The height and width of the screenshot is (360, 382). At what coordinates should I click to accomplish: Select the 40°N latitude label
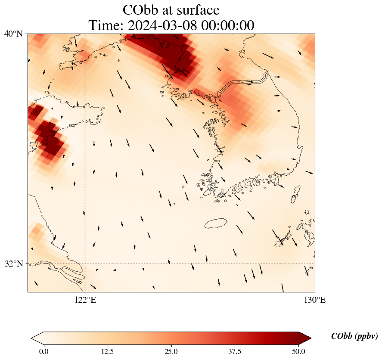[x=13, y=34]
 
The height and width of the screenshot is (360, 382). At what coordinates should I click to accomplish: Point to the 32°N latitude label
[x=13, y=264]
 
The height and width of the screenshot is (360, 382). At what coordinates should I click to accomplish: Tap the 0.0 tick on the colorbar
[x=43, y=351]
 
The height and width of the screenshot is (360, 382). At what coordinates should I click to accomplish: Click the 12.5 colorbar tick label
[x=107, y=351]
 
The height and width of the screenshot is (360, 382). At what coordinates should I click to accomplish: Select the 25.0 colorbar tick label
[x=171, y=351]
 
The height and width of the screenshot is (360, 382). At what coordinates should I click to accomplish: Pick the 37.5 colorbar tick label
[x=235, y=351]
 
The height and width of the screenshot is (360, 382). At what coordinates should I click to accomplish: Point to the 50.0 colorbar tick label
[x=298, y=351]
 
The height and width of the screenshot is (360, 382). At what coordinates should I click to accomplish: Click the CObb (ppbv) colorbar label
[x=354, y=336]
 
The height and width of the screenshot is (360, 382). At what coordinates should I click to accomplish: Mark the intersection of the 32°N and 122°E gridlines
[x=85, y=264]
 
